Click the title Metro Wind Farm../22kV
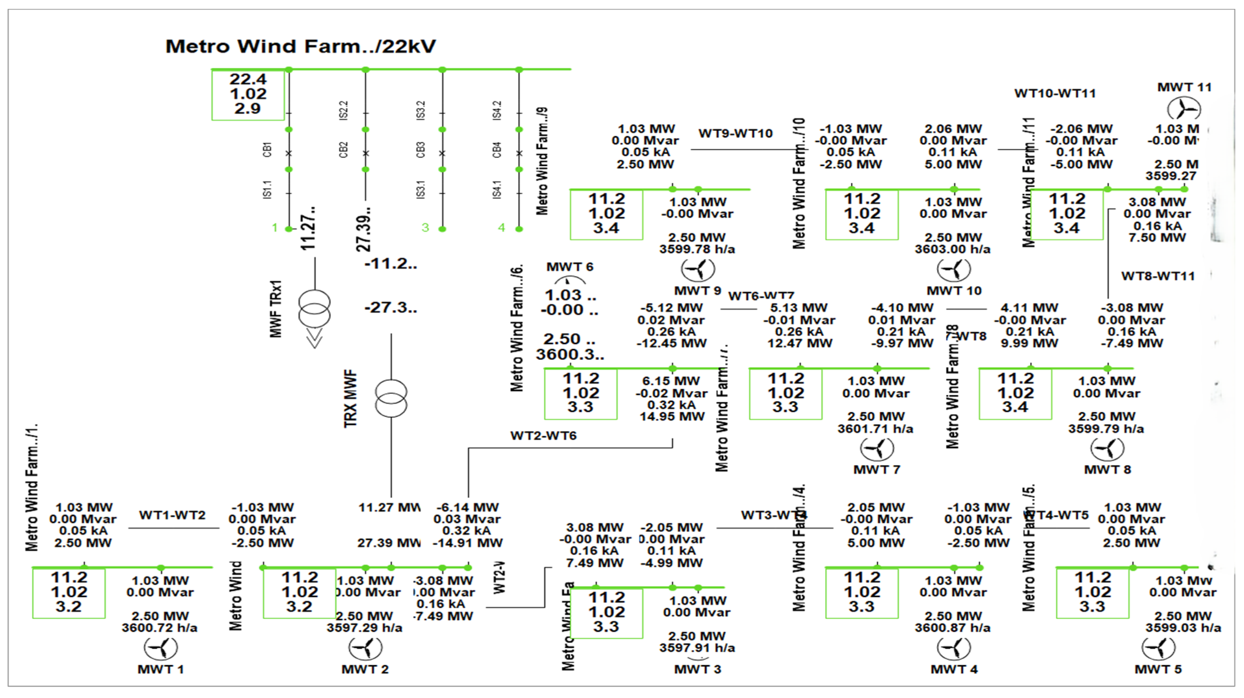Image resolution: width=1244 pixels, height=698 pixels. click(x=300, y=47)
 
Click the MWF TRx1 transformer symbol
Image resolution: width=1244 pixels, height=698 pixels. click(x=314, y=309)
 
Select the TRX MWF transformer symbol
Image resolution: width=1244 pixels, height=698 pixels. click(x=391, y=399)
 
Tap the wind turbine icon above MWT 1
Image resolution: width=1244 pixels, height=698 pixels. click(x=161, y=648)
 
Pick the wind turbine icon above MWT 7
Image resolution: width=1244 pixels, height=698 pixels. click(x=876, y=449)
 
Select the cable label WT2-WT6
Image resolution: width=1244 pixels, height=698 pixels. click(x=543, y=436)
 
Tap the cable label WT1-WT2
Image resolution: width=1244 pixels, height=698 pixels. click(x=172, y=515)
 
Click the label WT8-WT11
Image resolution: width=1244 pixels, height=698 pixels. click(x=1157, y=276)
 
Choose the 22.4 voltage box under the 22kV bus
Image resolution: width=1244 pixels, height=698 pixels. click(x=248, y=94)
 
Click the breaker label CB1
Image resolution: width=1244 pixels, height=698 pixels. click(x=267, y=150)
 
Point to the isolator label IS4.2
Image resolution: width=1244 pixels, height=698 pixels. click(x=497, y=110)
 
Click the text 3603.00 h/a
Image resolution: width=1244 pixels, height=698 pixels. click(x=952, y=249)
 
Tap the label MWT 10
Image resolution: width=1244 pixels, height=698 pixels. click(x=954, y=291)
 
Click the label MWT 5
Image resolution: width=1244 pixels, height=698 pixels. click(x=1157, y=669)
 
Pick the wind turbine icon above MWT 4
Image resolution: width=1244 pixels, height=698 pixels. click(x=954, y=648)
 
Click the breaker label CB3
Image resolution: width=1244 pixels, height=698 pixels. click(x=420, y=150)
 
